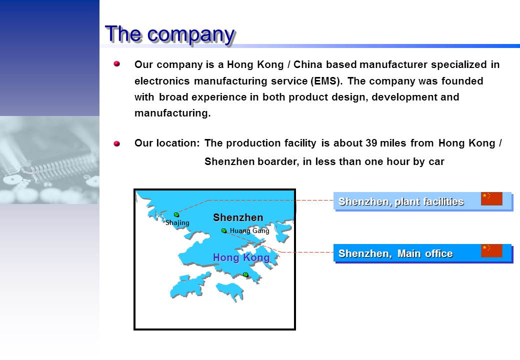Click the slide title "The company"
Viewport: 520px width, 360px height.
(170, 34)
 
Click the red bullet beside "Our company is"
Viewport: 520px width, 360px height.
(116, 63)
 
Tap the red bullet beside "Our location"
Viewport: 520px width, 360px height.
(116, 143)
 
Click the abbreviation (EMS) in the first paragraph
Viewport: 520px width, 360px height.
(326, 81)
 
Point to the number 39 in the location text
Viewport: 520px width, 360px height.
(371, 143)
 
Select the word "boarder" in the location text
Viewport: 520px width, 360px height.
(278, 161)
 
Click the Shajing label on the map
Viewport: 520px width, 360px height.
(177, 222)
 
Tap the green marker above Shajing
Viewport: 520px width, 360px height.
(176, 215)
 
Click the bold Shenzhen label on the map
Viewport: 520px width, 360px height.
(238, 217)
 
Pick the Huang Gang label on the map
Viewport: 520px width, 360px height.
(249, 230)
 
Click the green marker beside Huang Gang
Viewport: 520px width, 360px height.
(224, 230)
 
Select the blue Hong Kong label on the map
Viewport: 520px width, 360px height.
(241, 257)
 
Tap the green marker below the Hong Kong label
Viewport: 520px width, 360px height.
(245, 274)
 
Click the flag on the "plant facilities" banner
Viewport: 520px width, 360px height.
(491, 198)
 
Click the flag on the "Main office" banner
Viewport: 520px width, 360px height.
(491, 250)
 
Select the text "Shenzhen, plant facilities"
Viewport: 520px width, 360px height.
(401, 201)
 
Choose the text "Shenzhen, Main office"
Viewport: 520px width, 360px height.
(395, 253)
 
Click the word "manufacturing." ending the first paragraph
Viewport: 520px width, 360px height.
(172, 113)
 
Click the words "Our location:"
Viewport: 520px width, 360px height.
(167, 143)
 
